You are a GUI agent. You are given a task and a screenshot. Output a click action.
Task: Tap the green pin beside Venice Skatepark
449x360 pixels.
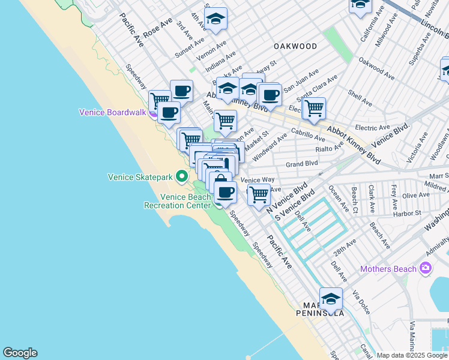(x=182, y=176)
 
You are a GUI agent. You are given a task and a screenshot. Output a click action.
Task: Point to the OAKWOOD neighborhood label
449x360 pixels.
(x=295, y=46)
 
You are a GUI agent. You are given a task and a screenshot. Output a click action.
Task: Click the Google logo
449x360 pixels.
(x=20, y=353)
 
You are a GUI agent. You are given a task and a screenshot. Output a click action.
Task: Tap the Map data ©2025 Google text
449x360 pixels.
(x=412, y=355)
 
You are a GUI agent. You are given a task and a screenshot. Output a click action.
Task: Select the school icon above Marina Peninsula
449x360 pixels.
(x=331, y=298)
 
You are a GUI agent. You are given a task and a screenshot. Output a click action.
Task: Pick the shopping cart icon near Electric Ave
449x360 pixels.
(x=313, y=109)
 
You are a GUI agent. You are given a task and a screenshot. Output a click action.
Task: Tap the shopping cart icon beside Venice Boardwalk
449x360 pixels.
(x=159, y=100)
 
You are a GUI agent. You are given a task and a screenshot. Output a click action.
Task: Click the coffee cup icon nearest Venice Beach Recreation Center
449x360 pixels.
(x=225, y=192)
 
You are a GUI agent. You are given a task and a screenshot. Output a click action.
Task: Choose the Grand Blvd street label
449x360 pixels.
(x=301, y=164)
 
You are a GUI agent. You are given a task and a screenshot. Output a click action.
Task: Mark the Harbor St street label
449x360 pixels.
(x=408, y=213)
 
